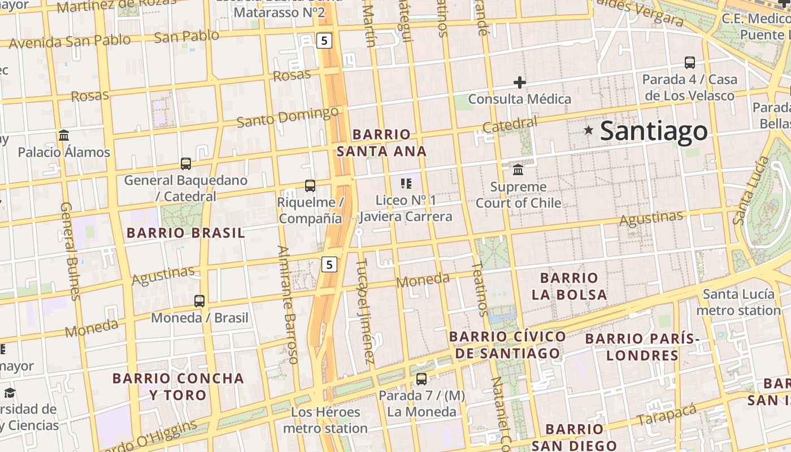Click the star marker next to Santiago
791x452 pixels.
tap(589, 131)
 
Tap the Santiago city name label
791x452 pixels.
tap(653, 131)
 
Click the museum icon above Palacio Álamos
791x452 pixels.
tap(64, 136)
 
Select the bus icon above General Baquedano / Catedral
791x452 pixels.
tap(185, 164)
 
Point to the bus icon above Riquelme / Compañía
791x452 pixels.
tap(310, 185)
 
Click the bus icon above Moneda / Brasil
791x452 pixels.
tap(199, 301)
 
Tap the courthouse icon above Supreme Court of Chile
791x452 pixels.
tap(518, 170)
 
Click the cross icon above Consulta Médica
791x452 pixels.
tap(519, 82)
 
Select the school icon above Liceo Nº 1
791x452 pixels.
tap(406, 183)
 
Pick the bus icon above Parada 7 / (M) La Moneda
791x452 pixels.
tap(421, 379)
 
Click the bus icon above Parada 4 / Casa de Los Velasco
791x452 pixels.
tap(689, 63)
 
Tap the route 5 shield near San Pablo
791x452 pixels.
tap(324, 40)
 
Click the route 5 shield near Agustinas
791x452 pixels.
tap(329, 264)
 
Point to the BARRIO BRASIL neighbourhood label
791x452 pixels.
tap(185, 233)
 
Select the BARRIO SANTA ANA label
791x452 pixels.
tap(381, 143)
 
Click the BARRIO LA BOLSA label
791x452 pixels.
tap(569, 286)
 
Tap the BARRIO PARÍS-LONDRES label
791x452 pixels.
tap(642, 347)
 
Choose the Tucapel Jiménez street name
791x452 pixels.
tap(366, 311)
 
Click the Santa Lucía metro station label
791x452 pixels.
tap(738, 302)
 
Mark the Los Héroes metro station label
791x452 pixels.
tap(325, 420)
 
